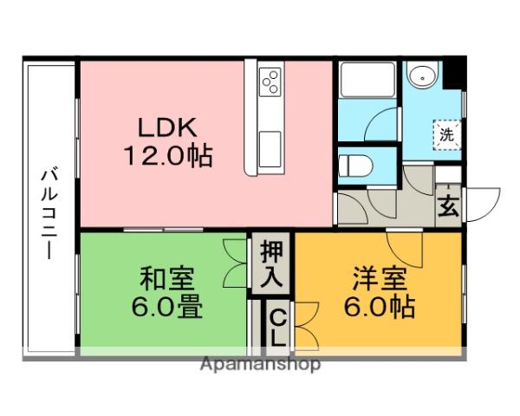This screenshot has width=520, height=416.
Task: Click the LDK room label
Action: click(167, 127)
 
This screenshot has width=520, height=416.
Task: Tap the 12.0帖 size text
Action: click(168, 155)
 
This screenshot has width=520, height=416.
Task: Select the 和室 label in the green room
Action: click(166, 278)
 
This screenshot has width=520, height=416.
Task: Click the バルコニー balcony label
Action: click(49, 214)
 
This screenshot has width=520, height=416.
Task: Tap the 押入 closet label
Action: click(271, 264)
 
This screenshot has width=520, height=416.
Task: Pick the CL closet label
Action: click(278, 329)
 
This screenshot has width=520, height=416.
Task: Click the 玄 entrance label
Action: click(448, 205)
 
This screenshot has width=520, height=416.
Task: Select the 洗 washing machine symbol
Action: click(446, 135)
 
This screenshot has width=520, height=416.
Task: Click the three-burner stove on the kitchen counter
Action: click(270, 82)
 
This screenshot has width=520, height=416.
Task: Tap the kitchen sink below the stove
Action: click(270, 149)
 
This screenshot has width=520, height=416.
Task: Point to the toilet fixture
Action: click(355, 166)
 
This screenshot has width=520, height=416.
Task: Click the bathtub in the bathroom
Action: click(368, 80)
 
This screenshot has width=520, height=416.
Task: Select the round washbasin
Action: click(423, 76)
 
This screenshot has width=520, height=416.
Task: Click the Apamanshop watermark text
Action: click(260, 365)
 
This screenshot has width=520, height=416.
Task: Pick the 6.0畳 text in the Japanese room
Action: click(166, 307)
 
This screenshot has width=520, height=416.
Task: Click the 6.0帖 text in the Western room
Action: click(380, 307)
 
